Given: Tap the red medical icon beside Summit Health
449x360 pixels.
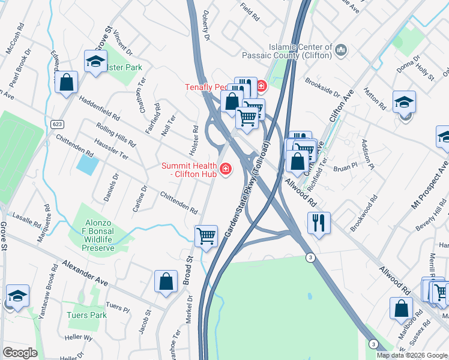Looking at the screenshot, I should click(x=226, y=170).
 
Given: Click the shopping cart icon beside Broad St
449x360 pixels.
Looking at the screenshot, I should click(x=206, y=236).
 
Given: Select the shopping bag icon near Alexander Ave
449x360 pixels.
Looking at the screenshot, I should click(x=166, y=281).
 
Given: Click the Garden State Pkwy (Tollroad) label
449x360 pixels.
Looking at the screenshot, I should click(x=247, y=189).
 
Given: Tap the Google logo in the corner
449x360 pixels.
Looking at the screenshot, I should click(x=20, y=352).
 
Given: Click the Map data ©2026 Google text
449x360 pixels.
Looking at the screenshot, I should click(x=411, y=355).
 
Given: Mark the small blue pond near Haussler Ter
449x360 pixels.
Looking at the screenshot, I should click(x=88, y=164).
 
